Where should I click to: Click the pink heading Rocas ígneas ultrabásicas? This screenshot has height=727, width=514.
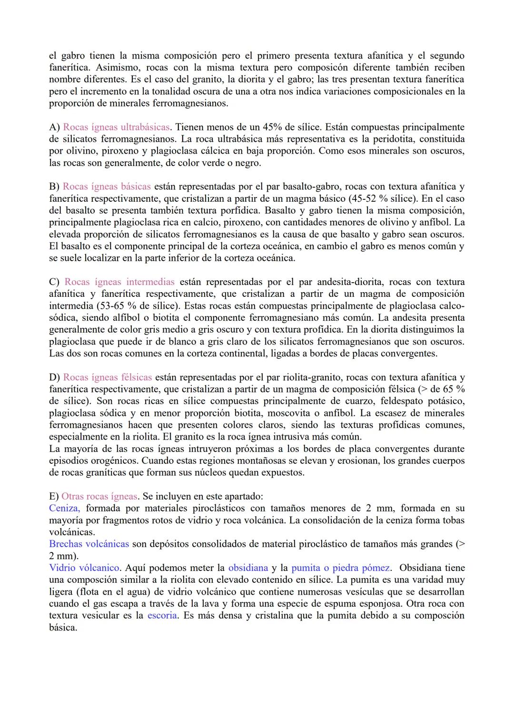(x=116, y=127)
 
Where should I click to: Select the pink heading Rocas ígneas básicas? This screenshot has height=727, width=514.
(x=107, y=187)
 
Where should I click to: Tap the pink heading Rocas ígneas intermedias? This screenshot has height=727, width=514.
(x=119, y=282)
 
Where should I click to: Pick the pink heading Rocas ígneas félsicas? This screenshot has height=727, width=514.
(x=108, y=377)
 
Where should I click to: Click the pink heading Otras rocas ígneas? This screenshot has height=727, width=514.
(x=99, y=496)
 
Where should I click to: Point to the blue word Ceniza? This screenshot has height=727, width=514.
(x=64, y=508)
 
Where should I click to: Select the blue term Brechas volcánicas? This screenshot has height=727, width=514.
(x=89, y=544)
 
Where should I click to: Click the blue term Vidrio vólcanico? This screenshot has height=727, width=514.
(x=84, y=568)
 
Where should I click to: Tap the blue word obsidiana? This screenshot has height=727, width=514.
(x=248, y=568)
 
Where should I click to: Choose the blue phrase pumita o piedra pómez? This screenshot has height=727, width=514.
(x=341, y=568)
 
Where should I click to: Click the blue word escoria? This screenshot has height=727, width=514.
(x=162, y=615)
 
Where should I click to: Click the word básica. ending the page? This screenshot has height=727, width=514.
(x=63, y=627)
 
